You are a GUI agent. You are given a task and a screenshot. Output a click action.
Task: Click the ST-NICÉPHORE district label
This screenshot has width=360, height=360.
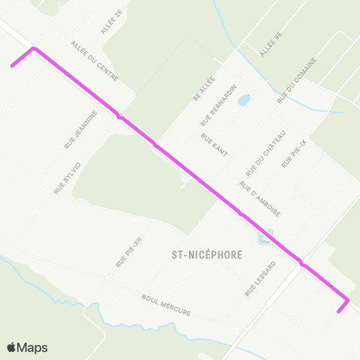click(202, 254)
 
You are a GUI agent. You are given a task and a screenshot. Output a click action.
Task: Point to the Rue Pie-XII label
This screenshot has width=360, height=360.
click(128, 253)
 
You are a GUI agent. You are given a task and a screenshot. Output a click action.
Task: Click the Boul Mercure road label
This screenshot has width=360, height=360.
click(166, 304)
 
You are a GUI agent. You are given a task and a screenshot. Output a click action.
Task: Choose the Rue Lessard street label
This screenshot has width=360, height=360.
click(259, 279)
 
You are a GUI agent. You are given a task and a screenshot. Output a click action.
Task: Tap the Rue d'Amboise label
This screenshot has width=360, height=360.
click(259, 196)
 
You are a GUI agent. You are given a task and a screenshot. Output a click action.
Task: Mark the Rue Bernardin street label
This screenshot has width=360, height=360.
click(218, 105)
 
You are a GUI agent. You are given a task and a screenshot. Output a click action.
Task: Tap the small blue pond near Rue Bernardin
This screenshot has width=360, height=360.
click(244, 100)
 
